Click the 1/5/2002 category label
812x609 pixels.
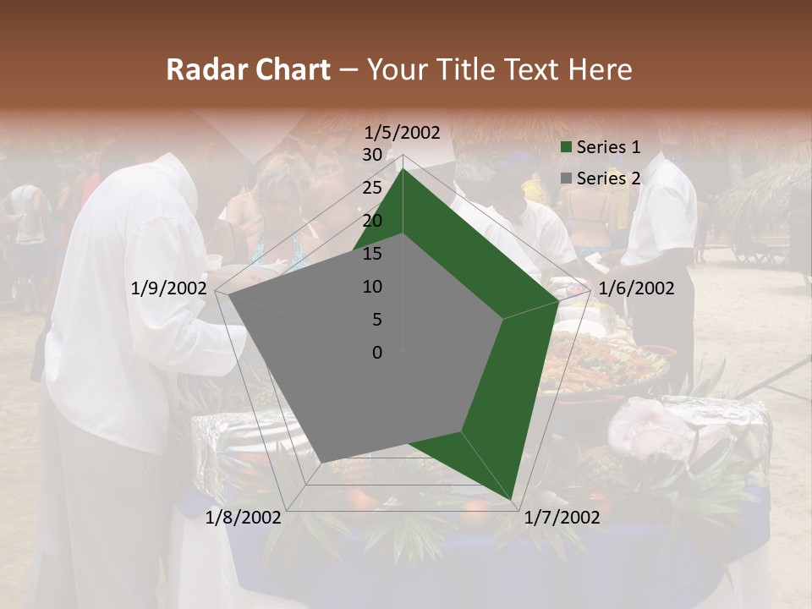pos(403,133)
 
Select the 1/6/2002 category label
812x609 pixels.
pos(636,288)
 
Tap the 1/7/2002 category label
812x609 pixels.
pos(561,518)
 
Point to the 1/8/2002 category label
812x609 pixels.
pos(244,518)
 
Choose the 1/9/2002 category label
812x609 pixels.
pos(169,288)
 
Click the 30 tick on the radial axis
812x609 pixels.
pos(372,155)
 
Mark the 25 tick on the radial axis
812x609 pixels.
pos(372,188)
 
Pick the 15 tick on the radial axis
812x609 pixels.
pos(372,254)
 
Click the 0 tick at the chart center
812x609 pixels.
pos(377,353)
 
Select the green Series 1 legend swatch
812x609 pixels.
pos(566,148)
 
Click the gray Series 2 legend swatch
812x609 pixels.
pos(566,178)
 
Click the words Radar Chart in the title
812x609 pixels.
pos(248,70)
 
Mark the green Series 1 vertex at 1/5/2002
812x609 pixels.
pos(403,169)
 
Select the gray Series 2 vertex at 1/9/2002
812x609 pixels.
pos(227,294)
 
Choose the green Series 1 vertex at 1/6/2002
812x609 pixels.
pos(559,300)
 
